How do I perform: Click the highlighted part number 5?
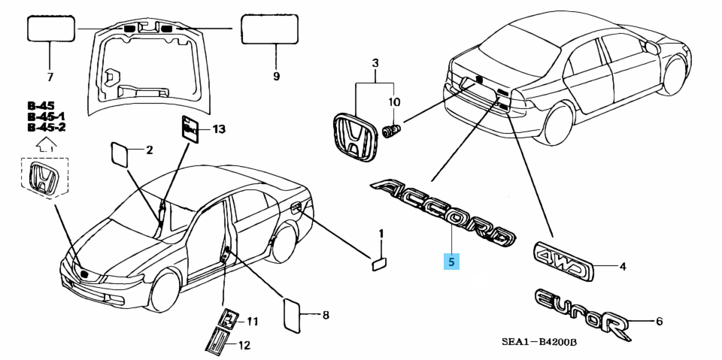pyautogui.click(x=451, y=262)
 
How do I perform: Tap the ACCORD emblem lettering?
pyautogui.click(x=444, y=212)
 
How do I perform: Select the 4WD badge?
pyautogui.click(x=563, y=257)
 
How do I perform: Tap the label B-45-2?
pyautogui.click(x=46, y=128)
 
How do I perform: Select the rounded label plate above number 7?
pyautogui.click(x=51, y=29)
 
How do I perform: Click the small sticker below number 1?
pyautogui.click(x=380, y=262)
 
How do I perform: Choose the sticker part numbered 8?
pyautogui.click(x=293, y=313)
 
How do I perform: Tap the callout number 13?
pyautogui.click(x=218, y=130)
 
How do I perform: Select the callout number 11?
pyautogui.click(x=252, y=322)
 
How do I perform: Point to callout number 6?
pyautogui.click(x=659, y=322)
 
